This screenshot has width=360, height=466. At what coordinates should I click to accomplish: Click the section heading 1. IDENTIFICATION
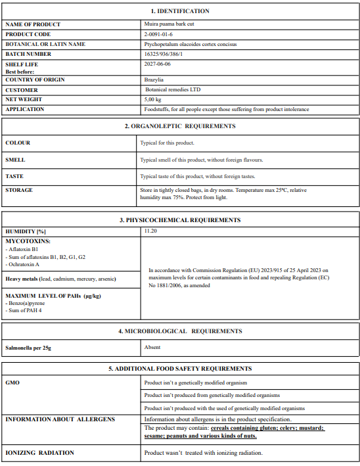point(180,11)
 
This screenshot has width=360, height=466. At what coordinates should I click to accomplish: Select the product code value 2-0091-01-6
point(158,34)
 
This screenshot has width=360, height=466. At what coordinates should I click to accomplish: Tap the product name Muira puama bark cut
point(169,24)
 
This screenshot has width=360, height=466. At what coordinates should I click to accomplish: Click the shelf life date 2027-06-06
point(158,64)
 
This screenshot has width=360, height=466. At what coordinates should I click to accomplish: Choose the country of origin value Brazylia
point(154,80)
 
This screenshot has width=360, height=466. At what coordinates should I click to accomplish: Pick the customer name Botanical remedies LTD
point(173,89)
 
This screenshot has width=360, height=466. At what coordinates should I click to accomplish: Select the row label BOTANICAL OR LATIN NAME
point(45,44)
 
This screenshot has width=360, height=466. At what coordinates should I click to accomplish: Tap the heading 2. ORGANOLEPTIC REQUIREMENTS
point(180,126)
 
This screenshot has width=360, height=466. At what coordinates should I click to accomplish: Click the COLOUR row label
point(18,143)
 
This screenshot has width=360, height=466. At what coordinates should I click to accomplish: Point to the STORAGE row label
point(19,190)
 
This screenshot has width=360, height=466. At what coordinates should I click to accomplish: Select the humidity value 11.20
point(151,231)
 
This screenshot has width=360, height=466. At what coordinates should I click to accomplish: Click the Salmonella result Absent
point(152,347)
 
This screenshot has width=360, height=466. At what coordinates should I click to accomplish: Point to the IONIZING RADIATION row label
point(39,453)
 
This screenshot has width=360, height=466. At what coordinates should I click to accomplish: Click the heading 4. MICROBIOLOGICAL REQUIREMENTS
point(180,331)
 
